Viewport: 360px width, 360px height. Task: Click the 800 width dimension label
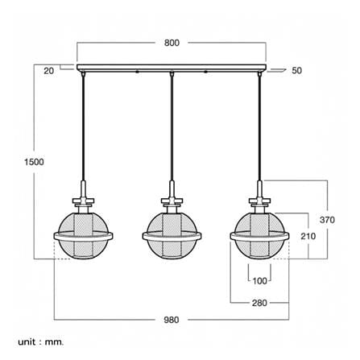(172, 43)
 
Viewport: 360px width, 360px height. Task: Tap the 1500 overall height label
(34, 162)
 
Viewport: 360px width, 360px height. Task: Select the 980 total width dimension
(172, 320)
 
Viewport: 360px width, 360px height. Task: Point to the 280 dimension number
(259, 303)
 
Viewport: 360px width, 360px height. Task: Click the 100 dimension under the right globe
(259, 281)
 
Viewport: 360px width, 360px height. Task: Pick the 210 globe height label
(308, 236)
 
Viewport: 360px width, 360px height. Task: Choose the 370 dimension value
(327, 220)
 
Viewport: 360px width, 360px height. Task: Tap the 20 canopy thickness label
(48, 71)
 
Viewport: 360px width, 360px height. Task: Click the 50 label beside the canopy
(296, 70)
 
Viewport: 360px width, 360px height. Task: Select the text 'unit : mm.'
(41, 342)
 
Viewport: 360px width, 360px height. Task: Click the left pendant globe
(83, 236)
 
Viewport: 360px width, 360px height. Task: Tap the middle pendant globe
(172, 236)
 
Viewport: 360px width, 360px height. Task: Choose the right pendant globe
(259, 236)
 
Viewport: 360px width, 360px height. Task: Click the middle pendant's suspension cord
(172, 128)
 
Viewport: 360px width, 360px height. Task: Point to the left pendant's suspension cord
(83, 128)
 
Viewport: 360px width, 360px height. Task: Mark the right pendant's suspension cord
(259, 128)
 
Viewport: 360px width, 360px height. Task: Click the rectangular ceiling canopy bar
(172, 68)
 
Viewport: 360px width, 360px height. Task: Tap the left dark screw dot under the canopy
(137, 72)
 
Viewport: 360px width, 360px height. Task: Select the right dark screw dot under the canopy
(206, 72)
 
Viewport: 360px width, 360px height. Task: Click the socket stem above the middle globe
(172, 189)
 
